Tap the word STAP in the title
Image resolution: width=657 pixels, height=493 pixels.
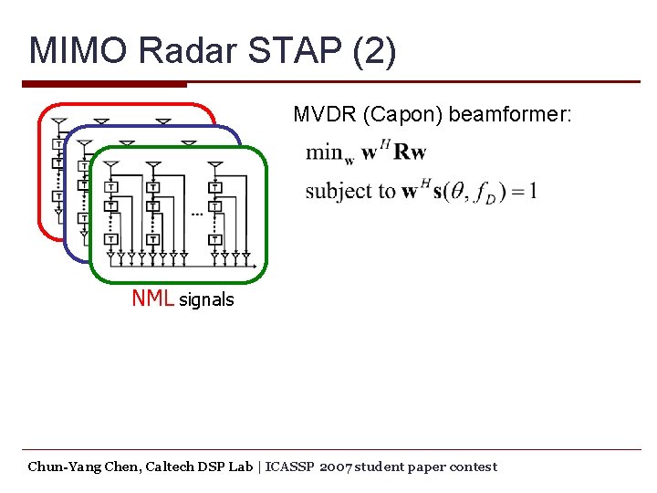click(279, 52)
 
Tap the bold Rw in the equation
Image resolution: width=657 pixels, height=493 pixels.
click(410, 152)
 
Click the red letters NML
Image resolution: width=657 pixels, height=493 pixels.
click(153, 299)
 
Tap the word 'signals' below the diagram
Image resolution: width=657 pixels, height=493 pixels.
click(206, 299)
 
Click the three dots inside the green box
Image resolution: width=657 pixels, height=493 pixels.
click(196, 215)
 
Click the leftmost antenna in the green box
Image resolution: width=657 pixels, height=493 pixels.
click(110, 166)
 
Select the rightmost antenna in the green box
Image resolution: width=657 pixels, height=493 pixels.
click(215, 166)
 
